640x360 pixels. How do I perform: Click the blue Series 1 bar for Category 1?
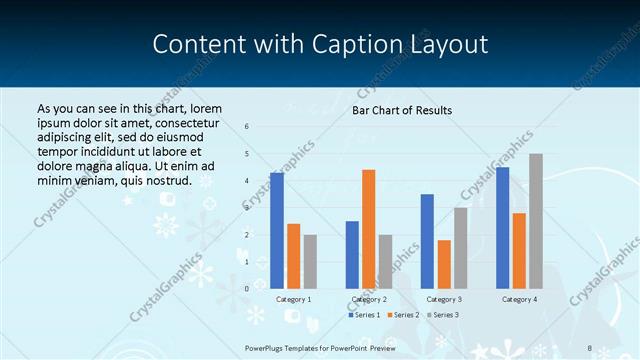[277, 231]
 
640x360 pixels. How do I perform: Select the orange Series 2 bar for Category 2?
[369, 229]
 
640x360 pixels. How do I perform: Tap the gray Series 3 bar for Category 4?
[535, 221]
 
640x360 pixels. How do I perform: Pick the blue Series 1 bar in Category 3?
[427, 241]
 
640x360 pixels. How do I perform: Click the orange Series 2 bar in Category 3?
[444, 264]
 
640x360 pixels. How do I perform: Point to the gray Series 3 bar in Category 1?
[310, 262]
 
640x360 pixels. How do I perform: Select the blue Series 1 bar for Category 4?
[502, 228]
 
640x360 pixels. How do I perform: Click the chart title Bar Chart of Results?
[402, 110]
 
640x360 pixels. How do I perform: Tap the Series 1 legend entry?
[364, 315]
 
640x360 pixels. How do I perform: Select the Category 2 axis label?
[369, 299]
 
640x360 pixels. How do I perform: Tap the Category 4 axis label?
[519, 299]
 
